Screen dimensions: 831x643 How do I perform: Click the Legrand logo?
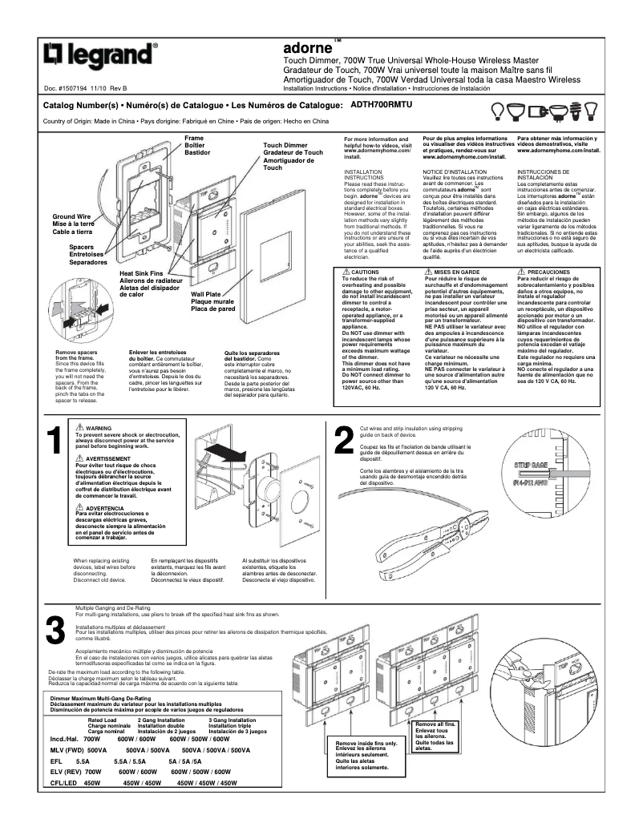click(99, 55)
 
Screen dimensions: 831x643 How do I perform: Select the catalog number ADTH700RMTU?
click(381, 105)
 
